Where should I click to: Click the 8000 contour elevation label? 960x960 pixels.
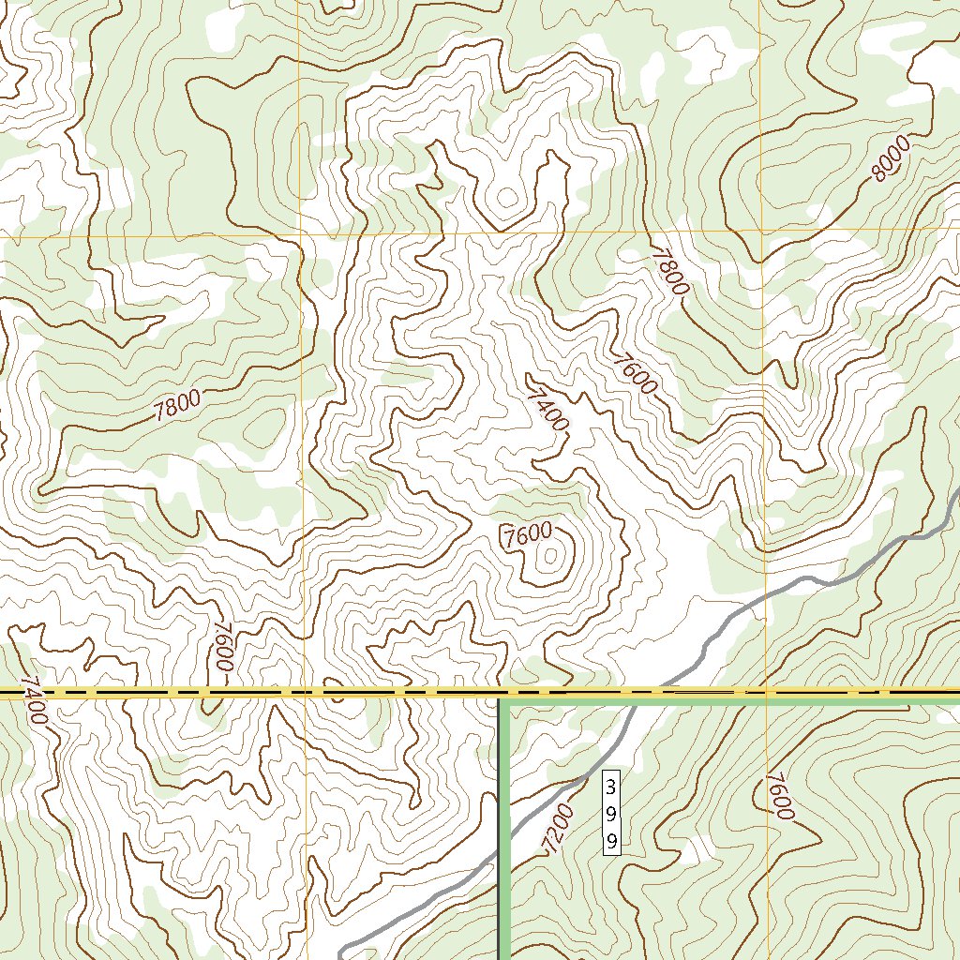(891, 158)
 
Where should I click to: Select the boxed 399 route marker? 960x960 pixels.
(611, 813)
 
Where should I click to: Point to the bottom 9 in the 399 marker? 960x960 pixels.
(611, 839)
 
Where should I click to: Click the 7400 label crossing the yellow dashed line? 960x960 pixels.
(33, 701)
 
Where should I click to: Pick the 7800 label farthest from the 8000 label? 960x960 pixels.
(178, 406)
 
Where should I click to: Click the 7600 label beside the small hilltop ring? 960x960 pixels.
(527, 535)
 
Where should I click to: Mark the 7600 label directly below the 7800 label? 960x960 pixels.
(636, 373)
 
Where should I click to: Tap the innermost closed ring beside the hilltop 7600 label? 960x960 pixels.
(549, 556)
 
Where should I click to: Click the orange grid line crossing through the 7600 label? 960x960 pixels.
(767, 797)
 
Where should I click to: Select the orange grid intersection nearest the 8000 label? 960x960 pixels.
(761, 230)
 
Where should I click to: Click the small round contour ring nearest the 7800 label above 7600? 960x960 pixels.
(507, 197)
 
